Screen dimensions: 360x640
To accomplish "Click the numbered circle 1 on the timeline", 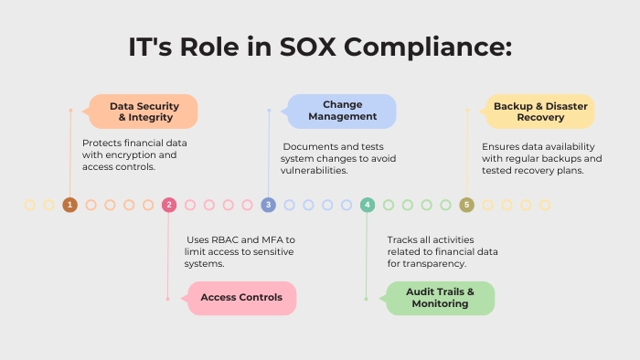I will coord(69,205).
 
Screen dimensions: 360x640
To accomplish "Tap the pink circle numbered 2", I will coord(168,205).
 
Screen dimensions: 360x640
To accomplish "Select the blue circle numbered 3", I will coord(268,205).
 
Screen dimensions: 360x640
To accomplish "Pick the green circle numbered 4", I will coord(368,205).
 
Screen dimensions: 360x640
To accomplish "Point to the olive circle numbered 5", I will coord(466,205).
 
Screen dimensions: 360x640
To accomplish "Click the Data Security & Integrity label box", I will coord(143,111).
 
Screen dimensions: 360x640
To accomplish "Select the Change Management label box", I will coord(342,111).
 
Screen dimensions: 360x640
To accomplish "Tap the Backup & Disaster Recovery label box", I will coord(539,111).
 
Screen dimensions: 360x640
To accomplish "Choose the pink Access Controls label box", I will coord(241,298).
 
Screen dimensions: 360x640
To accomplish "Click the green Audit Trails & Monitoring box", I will coord(440,298).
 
